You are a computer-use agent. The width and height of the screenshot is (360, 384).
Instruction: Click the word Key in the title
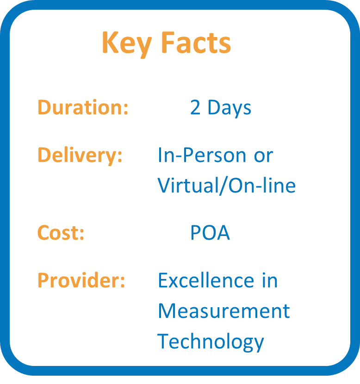127,44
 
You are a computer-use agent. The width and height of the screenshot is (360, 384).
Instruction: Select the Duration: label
83,107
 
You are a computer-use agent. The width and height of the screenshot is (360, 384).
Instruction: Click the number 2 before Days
195,107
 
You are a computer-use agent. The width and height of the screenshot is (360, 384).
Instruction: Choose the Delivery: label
80,156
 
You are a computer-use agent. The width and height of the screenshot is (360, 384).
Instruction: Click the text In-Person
202,155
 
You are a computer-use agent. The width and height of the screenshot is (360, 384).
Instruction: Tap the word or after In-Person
263,156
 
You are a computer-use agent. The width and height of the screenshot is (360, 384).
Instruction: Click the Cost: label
61,232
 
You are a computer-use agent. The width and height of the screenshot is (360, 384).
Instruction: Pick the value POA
210,232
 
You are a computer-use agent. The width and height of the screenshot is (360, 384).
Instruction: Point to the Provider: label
81,280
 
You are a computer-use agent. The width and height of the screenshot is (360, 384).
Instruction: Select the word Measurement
224,310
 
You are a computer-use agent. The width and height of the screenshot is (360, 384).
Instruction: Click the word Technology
211,341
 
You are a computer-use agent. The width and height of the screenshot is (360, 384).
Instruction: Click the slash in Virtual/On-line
223,186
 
